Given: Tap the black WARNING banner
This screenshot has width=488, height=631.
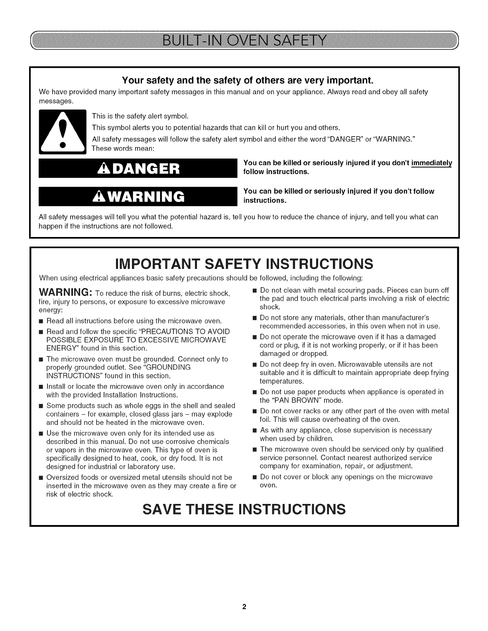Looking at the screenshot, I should tap(138, 196).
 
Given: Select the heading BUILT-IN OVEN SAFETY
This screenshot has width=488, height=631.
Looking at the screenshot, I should tap(244, 41).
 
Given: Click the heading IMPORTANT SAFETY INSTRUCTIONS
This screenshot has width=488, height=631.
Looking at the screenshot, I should tap(244, 263).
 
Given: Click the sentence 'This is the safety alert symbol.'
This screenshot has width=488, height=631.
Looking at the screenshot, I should tap(140, 116).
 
